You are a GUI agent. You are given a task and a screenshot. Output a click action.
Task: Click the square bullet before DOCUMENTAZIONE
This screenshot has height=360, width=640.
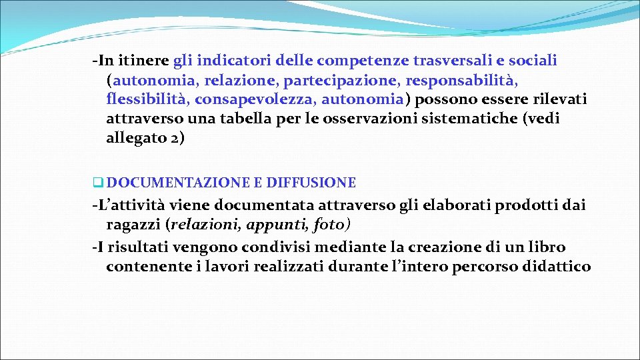point(98,183)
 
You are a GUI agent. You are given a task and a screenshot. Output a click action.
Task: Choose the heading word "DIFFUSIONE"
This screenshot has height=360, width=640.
point(311,183)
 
